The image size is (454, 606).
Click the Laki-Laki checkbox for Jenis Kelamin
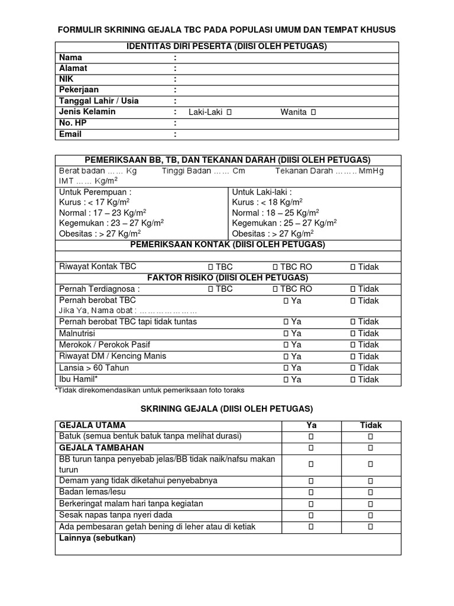229,112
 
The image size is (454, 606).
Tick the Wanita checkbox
313,112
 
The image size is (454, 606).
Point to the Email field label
70,134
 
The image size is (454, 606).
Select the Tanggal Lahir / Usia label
98,101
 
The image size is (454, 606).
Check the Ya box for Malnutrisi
286,333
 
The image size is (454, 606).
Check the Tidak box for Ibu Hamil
352,379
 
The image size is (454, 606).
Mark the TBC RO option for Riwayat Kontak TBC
275,267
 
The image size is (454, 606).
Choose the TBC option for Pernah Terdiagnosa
210,289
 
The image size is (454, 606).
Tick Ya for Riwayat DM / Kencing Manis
286,356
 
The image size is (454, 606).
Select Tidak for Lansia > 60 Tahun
352,368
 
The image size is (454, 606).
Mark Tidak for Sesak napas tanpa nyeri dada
371,515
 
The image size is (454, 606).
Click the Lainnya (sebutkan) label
97,538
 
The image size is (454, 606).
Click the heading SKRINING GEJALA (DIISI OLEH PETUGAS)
226,409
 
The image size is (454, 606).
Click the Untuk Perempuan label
95,192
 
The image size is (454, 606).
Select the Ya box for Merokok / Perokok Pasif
286,344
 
